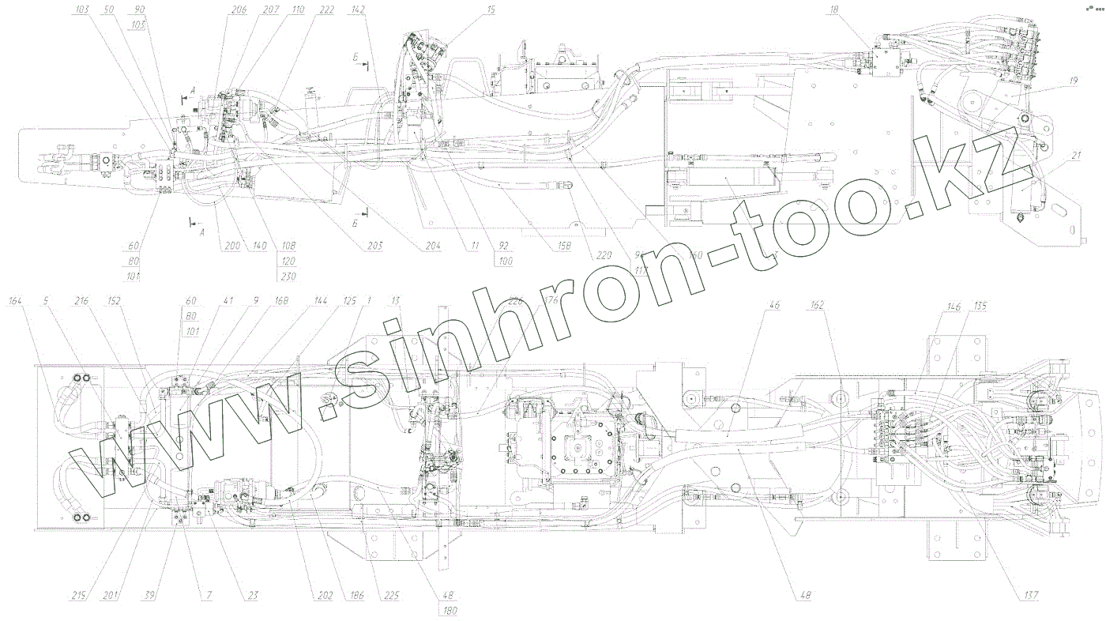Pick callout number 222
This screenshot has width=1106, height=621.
coord(327,10)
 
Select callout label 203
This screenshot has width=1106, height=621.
coord(374,247)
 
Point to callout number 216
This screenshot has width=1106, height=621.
coord(82,301)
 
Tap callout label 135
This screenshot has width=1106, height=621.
coord(980,305)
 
